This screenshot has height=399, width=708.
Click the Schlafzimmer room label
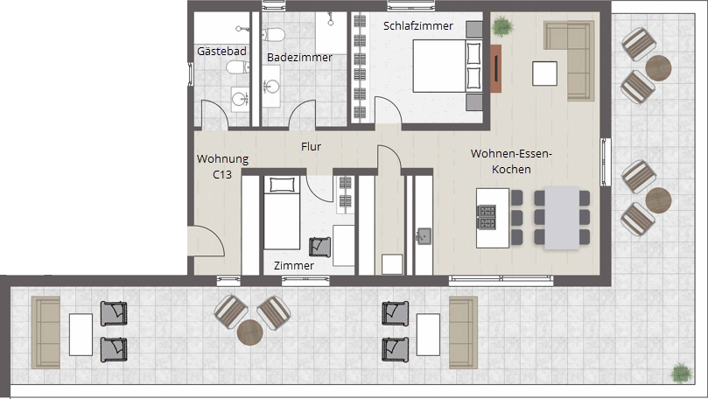click(418, 26)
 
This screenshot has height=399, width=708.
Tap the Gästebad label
click(221, 51)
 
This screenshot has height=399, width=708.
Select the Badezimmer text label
click(299, 58)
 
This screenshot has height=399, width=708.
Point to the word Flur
click(311, 146)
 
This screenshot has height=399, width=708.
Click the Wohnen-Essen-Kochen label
click(511, 161)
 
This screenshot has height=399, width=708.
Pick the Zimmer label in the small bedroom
click(294, 265)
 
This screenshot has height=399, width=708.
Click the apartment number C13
click(222, 174)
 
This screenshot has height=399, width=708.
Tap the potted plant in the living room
click(502, 25)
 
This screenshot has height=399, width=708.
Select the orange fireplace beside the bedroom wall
click(496, 68)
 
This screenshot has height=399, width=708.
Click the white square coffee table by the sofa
click(544, 73)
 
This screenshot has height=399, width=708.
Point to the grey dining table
click(562, 218)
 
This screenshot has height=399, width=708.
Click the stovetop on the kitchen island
click(487, 217)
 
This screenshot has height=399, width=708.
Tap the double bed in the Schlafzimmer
click(446, 66)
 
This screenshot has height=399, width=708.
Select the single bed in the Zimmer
click(282, 213)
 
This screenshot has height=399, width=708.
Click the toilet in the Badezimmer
click(273, 34)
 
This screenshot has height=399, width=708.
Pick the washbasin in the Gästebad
click(240, 98)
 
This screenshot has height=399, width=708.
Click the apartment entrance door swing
click(207, 241)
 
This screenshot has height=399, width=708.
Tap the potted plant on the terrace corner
click(682, 374)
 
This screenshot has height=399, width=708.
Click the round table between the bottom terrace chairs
click(250, 332)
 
